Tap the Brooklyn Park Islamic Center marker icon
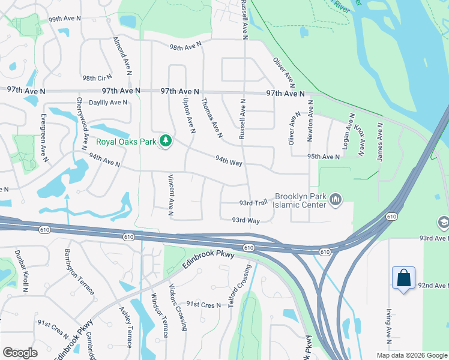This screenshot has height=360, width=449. [x=336, y=199]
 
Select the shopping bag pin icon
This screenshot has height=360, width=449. [x=403, y=278]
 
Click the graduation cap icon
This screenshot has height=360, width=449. [x=444, y=222]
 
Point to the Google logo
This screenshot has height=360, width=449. [x=20, y=352]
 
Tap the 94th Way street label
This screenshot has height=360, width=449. [x=229, y=162]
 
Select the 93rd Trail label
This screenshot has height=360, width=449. [x=253, y=203]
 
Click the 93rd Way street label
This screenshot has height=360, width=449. [x=246, y=221]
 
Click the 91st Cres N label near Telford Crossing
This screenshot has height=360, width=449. [x=203, y=305]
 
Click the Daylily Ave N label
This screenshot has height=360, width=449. [x=108, y=103]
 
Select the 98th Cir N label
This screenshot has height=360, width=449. [x=98, y=78]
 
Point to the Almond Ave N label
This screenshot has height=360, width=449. [x=122, y=55]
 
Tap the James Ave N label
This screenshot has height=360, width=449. [x=380, y=142]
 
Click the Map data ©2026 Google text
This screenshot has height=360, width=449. [x=411, y=355]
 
